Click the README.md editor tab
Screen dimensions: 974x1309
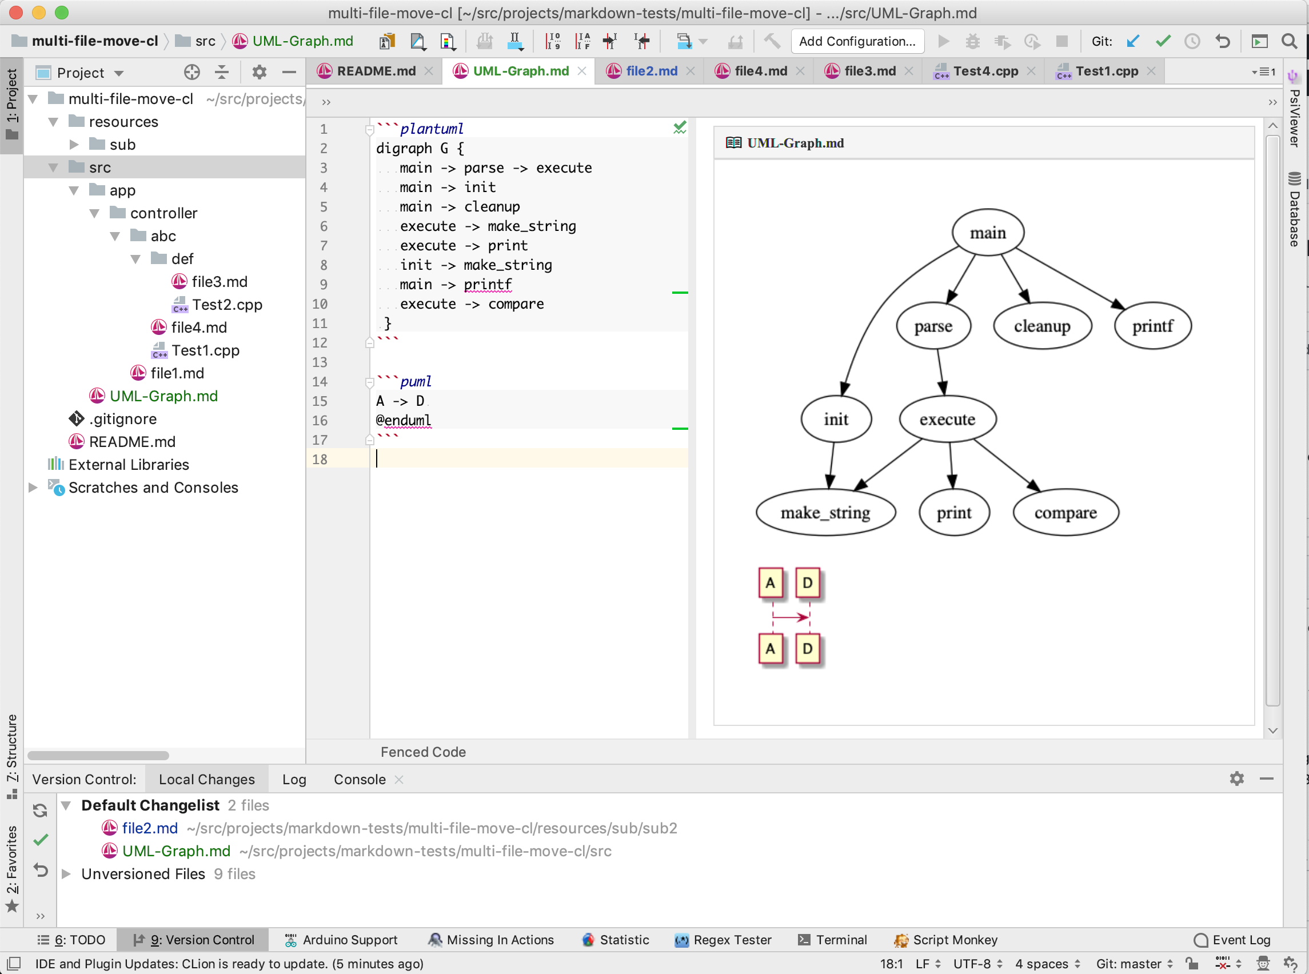pyautogui.click(x=376, y=71)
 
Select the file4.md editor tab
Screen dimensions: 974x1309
pyautogui.click(x=761, y=71)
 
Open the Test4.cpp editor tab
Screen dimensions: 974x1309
pyautogui.click(x=985, y=71)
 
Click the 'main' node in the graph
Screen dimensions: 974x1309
pyautogui.click(x=988, y=233)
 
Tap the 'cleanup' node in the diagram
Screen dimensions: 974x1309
pyautogui.click(x=1042, y=326)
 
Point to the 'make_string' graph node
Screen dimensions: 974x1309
pyautogui.click(x=825, y=512)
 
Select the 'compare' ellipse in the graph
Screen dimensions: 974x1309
pyautogui.click(x=1065, y=512)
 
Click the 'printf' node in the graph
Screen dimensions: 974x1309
pyautogui.click(x=1152, y=326)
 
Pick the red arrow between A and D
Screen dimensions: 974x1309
pyautogui.click(x=790, y=617)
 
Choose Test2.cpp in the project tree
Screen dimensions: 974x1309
pyautogui.click(x=227, y=305)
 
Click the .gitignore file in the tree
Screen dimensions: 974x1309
pyautogui.click(x=123, y=419)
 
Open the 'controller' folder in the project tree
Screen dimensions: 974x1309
pyautogui.click(x=163, y=213)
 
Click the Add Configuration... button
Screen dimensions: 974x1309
pyautogui.click(x=857, y=41)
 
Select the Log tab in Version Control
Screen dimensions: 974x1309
pyautogui.click(x=294, y=780)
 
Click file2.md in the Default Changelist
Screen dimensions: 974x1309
pyautogui.click(x=150, y=828)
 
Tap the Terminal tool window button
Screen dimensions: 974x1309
pyautogui.click(x=841, y=940)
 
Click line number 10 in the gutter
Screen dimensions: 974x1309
pyautogui.click(x=320, y=304)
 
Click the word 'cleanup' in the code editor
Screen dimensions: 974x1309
pyautogui.click(x=492, y=207)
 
